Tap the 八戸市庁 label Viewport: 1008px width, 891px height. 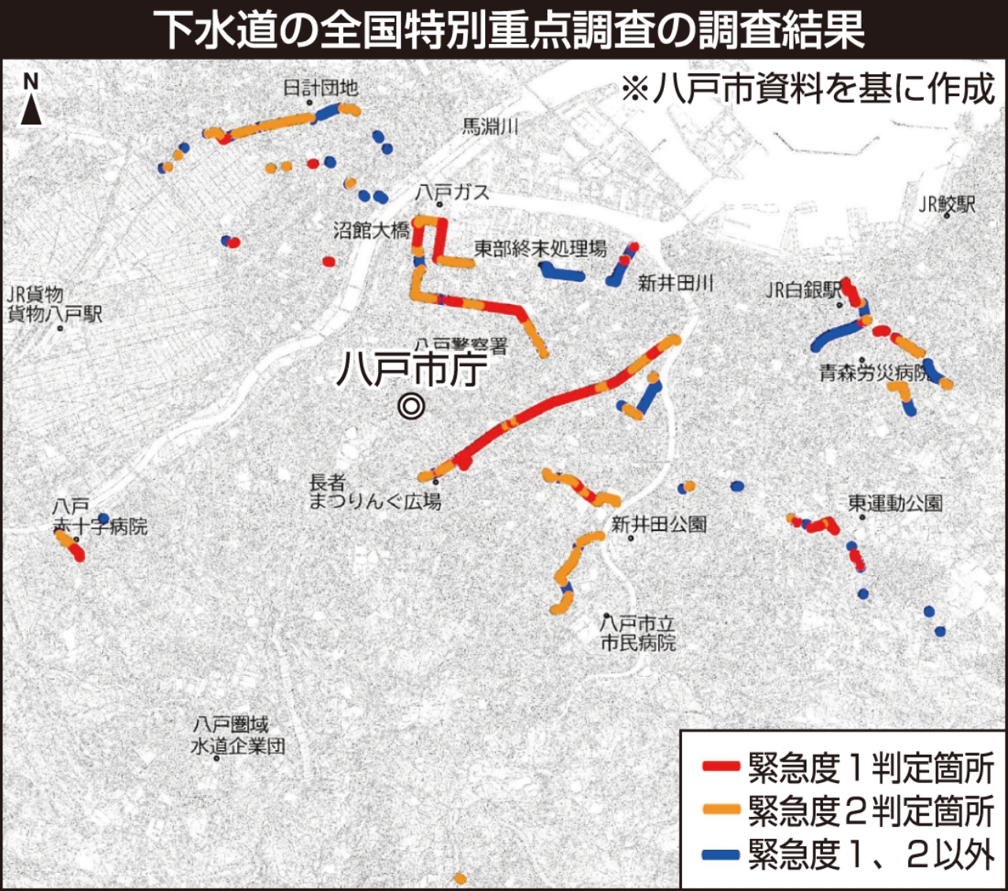coord(412,368)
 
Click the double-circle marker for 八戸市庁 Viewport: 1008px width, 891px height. coord(411,406)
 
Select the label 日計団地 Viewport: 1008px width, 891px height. coord(321,87)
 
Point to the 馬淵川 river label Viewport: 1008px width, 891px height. coord(490,126)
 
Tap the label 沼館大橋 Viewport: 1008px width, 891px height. coord(371,230)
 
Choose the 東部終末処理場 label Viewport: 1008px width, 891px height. coord(540,249)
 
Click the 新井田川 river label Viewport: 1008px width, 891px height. coord(676,283)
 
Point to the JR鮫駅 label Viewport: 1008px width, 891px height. coord(947,204)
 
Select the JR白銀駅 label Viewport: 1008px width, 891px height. coord(803,290)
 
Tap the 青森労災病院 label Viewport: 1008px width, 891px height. coord(874,373)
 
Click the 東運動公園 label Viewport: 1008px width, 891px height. coord(895,503)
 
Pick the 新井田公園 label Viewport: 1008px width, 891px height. coord(658,524)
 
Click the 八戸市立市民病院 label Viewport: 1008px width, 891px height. coord(638,633)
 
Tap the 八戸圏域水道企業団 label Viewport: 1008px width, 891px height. coord(238,735)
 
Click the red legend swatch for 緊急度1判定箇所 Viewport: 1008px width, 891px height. coord(721,766)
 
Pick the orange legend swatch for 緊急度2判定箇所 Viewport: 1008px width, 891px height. coord(721,809)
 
